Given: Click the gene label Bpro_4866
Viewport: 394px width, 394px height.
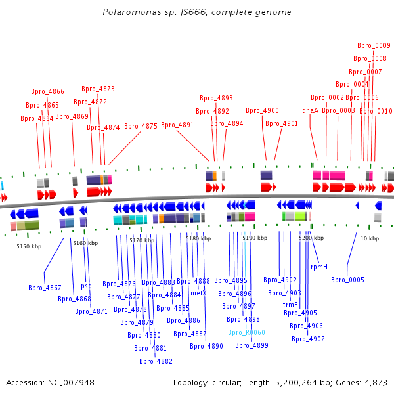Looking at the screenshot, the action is (x=47, y=91).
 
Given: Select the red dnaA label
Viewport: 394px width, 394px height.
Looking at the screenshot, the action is (x=311, y=110).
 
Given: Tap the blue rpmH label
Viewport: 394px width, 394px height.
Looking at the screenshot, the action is (x=319, y=267).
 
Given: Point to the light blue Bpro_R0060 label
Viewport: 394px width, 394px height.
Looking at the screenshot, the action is (x=246, y=332).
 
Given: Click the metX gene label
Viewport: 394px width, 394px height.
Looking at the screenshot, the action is (x=198, y=294).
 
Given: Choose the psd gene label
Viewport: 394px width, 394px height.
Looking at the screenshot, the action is (x=86, y=286).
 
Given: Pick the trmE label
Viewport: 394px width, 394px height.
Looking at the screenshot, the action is (x=290, y=305).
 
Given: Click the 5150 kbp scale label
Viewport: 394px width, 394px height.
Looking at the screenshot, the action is (x=29, y=246).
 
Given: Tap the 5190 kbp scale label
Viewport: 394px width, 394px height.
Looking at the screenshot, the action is (x=255, y=238).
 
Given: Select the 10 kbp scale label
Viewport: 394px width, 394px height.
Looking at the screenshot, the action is (x=370, y=238).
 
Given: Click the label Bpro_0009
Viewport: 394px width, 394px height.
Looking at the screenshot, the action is (x=374, y=45).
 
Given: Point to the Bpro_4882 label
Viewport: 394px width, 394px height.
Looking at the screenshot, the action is (x=156, y=361).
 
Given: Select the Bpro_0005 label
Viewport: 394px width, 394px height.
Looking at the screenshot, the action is (x=347, y=280).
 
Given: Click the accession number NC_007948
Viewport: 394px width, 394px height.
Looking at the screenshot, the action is (x=71, y=383).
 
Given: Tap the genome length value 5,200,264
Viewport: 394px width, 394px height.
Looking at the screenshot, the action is (x=296, y=383).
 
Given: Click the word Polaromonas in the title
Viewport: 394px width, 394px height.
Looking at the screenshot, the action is (x=132, y=12).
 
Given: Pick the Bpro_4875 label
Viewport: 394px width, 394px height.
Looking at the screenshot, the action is (x=141, y=126).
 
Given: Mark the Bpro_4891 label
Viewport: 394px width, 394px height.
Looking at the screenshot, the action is (x=177, y=125).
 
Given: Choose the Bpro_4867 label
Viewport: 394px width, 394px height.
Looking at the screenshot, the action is (x=45, y=288).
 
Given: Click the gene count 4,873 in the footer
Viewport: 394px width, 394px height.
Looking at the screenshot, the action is (x=376, y=383).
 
